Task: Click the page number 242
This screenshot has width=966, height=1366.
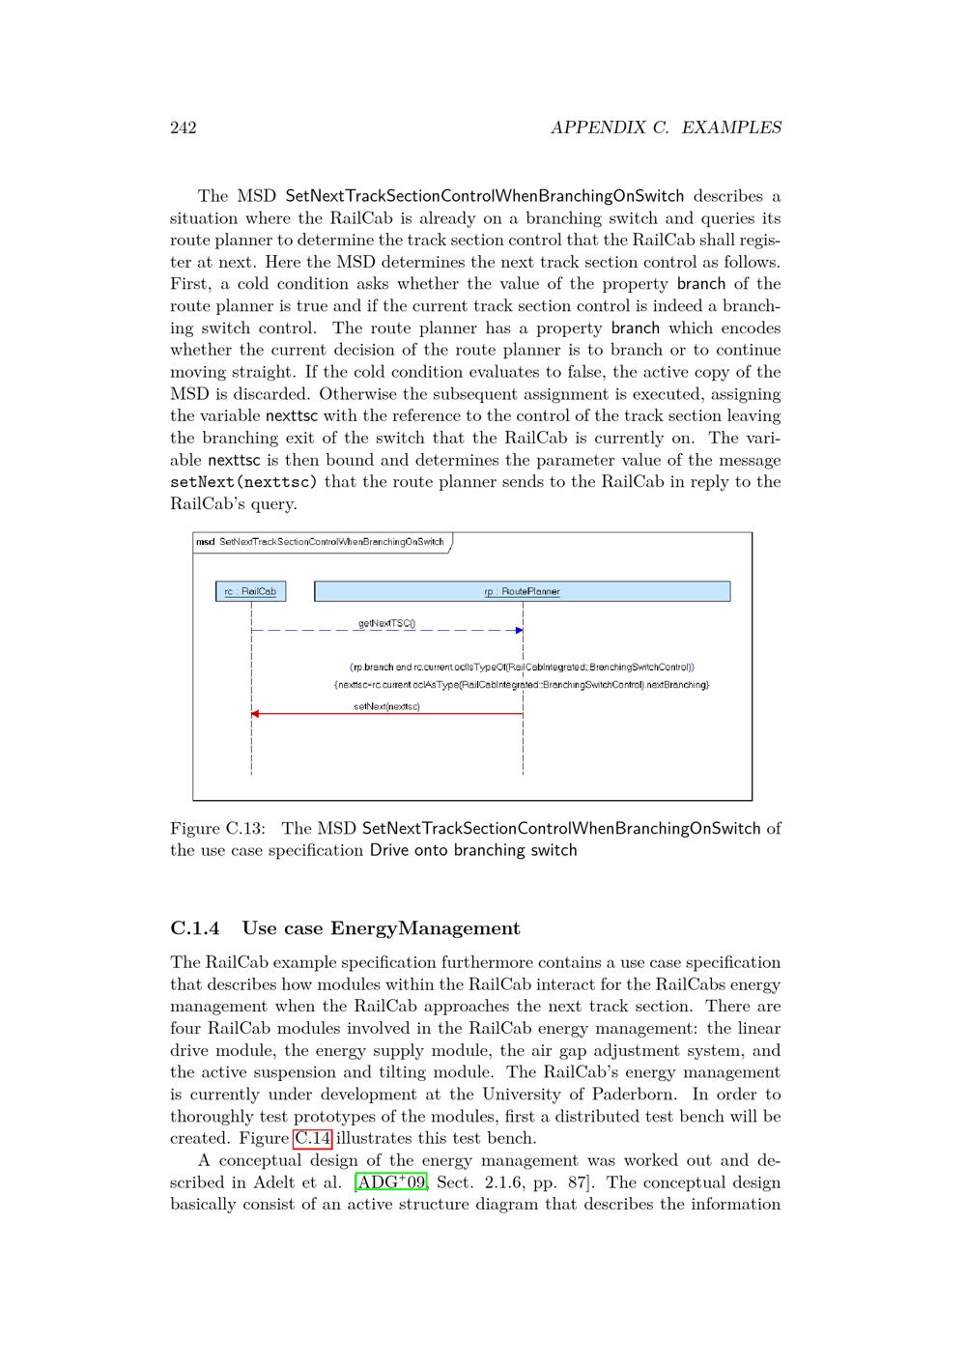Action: click(184, 128)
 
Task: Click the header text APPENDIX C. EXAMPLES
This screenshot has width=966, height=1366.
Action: click(666, 128)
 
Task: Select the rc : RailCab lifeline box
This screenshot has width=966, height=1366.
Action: click(250, 591)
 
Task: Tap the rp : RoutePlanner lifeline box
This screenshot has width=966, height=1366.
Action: click(522, 591)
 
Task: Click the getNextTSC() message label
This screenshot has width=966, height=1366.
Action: click(386, 623)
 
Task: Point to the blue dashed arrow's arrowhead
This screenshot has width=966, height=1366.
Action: click(520, 631)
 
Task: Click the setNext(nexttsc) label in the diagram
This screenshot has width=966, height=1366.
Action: click(386, 706)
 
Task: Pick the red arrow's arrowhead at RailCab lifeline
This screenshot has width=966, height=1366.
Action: click(255, 714)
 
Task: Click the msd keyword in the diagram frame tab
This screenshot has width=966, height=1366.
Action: click(205, 542)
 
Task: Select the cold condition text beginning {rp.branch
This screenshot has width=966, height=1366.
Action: click(522, 667)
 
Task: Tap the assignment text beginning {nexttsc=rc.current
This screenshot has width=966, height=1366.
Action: click(522, 685)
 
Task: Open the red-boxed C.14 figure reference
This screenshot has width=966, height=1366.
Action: click(313, 1138)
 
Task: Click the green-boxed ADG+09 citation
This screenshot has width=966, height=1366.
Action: click(391, 1182)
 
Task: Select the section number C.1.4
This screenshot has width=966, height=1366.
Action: click(194, 928)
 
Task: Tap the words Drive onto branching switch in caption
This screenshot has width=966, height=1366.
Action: click(473, 850)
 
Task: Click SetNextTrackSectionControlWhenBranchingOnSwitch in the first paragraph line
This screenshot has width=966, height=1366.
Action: click(484, 196)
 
